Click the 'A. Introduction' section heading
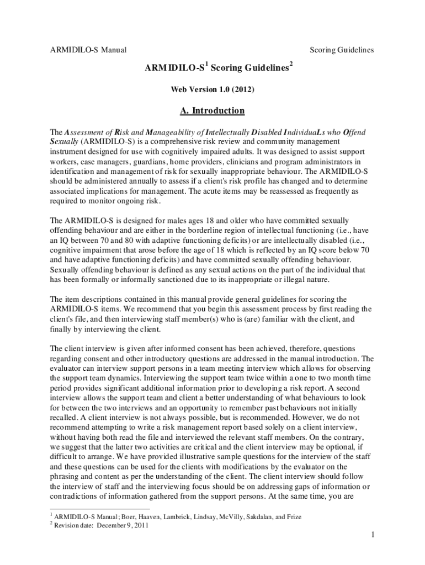212,111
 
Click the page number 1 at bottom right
373,535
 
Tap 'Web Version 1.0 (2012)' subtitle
212,88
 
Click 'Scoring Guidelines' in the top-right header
342,50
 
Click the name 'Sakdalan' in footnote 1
257,516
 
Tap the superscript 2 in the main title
291,65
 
